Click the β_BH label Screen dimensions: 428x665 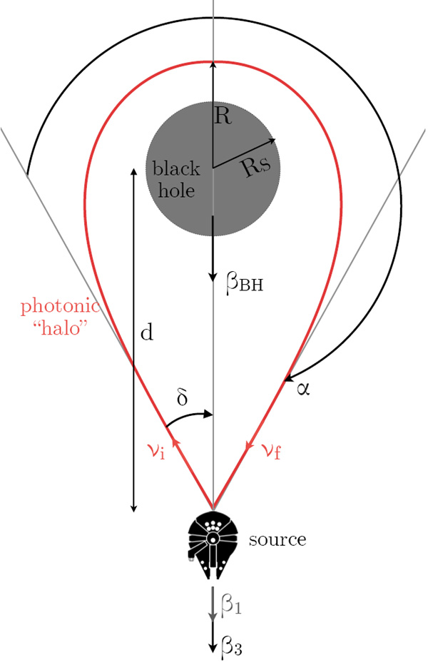(245, 283)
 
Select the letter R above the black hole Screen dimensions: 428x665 (223, 116)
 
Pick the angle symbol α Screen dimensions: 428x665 (303, 389)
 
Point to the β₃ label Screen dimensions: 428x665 (231, 646)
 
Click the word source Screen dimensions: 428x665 (277, 539)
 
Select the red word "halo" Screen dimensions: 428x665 (62, 328)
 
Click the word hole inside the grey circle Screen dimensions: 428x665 (176, 190)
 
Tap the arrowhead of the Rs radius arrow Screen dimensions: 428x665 (272, 141)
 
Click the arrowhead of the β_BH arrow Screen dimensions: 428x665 (213, 278)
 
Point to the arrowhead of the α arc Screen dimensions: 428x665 (288, 377)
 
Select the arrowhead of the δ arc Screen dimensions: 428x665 (208, 414)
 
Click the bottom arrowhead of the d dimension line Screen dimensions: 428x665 (133, 508)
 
